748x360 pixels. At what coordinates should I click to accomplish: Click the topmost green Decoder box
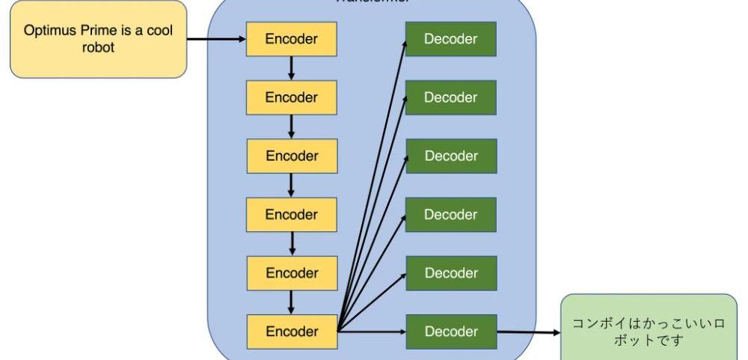(451, 39)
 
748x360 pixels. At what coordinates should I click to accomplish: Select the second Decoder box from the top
(451, 97)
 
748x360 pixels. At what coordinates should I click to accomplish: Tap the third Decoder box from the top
(451, 156)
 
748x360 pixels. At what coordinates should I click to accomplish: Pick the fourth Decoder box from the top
(451, 215)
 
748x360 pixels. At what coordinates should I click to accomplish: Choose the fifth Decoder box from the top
(451, 272)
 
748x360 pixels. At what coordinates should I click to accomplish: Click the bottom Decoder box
(451, 331)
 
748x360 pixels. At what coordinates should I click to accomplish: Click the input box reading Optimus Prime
(97, 40)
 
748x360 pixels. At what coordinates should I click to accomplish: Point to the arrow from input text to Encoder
(217, 39)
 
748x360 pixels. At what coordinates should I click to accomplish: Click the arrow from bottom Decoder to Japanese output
(529, 332)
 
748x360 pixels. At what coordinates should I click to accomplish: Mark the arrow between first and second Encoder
(291, 68)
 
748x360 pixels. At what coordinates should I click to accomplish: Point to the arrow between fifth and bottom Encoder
(291, 302)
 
